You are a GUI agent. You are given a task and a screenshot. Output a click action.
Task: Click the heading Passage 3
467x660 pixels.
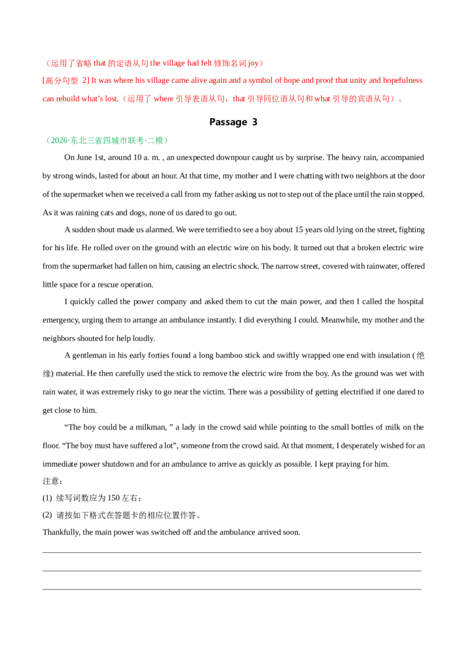click(233, 122)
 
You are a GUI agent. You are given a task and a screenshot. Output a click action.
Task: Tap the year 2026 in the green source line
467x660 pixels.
click(59, 141)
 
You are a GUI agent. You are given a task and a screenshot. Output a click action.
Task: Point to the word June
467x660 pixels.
click(84, 157)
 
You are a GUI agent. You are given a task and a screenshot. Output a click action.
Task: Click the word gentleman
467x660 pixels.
click(89, 355)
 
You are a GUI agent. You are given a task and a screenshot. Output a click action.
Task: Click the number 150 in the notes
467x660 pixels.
click(113, 498)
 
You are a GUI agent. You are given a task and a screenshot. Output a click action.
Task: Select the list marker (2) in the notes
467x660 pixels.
click(47, 515)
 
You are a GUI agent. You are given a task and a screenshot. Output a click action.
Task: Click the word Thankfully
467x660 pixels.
click(61, 532)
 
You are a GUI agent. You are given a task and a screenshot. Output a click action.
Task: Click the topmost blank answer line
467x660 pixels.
click(232, 552)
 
